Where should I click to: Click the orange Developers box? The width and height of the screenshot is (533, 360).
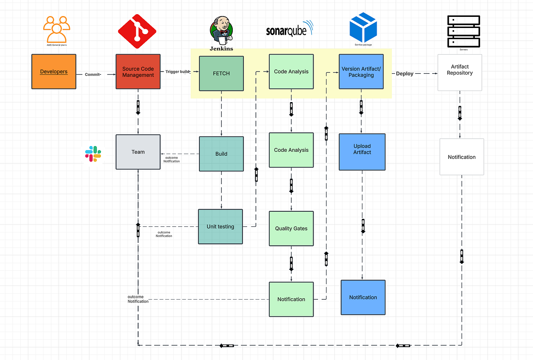(x=54, y=71)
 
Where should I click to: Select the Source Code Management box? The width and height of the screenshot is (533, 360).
(x=138, y=71)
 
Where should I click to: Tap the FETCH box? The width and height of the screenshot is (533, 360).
(x=221, y=73)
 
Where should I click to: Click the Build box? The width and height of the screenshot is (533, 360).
(x=221, y=154)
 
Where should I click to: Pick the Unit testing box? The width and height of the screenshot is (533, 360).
(x=220, y=226)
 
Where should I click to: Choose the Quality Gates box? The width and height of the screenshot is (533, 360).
(x=291, y=228)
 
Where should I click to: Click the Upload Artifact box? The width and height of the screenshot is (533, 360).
(x=362, y=152)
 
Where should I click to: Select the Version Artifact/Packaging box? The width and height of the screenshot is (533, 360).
(x=361, y=72)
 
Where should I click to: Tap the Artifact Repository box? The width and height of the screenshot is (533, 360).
(x=460, y=72)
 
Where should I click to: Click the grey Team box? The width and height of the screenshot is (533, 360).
(x=138, y=152)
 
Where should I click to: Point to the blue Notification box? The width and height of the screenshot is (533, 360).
(x=363, y=297)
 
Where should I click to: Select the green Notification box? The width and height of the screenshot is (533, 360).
(x=291, y=299)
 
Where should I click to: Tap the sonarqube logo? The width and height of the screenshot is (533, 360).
(x=289, y=29)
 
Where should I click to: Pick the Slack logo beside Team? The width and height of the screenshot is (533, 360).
(x=93, y=154)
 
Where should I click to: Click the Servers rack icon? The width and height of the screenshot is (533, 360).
(x=463, y=31)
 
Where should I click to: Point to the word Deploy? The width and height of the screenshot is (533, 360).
(x=405, y=74)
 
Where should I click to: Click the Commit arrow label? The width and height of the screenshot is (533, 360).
(x=93, y=75)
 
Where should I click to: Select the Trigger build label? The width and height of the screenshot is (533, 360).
(x=178, y=71)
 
